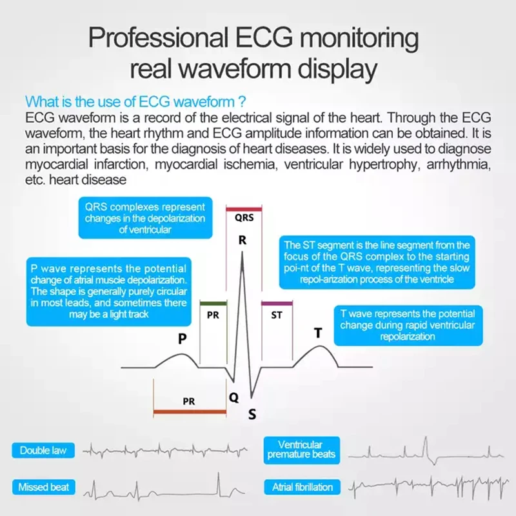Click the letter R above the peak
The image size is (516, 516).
tap(243, 241)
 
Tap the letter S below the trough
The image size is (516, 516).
tap(252, 414)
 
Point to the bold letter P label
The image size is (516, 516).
tap(183, 338)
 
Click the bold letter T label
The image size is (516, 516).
tap(317, 333)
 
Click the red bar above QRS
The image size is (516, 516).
tap(243, 208)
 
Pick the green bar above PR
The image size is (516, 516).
tap(213, 303)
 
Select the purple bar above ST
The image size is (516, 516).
tap(276, 303)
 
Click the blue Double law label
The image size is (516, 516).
tap(43, 450)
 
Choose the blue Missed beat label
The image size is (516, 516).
tap(43, 486)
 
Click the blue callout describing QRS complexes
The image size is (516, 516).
tap(145, 219)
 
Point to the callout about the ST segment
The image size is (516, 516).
tap(377, 263)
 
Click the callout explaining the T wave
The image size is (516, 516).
tap(407, 325)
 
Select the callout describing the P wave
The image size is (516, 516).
tap(108, 291)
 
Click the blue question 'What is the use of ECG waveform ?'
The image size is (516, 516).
tap(135, 102)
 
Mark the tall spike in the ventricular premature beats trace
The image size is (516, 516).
tap(426, 445)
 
